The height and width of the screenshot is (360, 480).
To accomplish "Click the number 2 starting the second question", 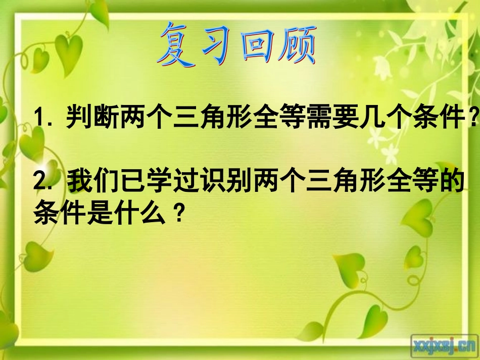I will coord(40,183).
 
